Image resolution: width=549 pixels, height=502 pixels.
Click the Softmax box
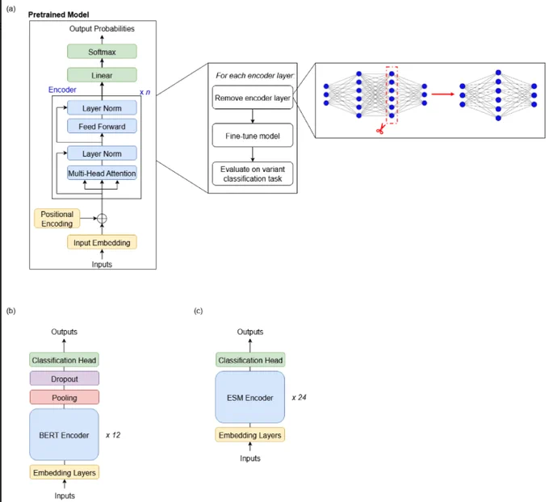(102, 52)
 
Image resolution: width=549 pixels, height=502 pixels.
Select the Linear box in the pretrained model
(102, 75)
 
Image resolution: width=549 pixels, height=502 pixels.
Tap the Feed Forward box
(102, 127)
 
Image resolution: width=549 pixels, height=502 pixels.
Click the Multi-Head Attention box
(102, 173)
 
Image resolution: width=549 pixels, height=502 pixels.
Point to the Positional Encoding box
(57, 219)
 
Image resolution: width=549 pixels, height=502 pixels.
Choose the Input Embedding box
(102, 242)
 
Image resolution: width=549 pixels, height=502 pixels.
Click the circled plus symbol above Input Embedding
(102, 219)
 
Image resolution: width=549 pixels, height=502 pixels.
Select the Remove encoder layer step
(253, 98)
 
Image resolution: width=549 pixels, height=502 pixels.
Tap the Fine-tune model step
(253, 135)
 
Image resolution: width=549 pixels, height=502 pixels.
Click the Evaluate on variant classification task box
(253, 174)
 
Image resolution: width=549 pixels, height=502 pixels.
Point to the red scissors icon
(380, 129)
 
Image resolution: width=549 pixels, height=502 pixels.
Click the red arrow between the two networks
(443, 94)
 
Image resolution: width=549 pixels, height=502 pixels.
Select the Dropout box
(65, 379)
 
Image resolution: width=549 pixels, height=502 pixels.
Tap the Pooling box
(65, 397)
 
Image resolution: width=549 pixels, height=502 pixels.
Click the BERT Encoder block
(64, 434)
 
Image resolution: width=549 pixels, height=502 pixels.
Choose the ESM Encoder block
(250, 397)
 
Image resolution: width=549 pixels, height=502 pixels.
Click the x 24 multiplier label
(299, 397)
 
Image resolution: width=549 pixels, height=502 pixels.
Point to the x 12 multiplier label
(113, 435)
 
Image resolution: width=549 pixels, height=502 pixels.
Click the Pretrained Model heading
(58, 15)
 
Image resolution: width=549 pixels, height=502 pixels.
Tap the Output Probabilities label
(102, 29)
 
